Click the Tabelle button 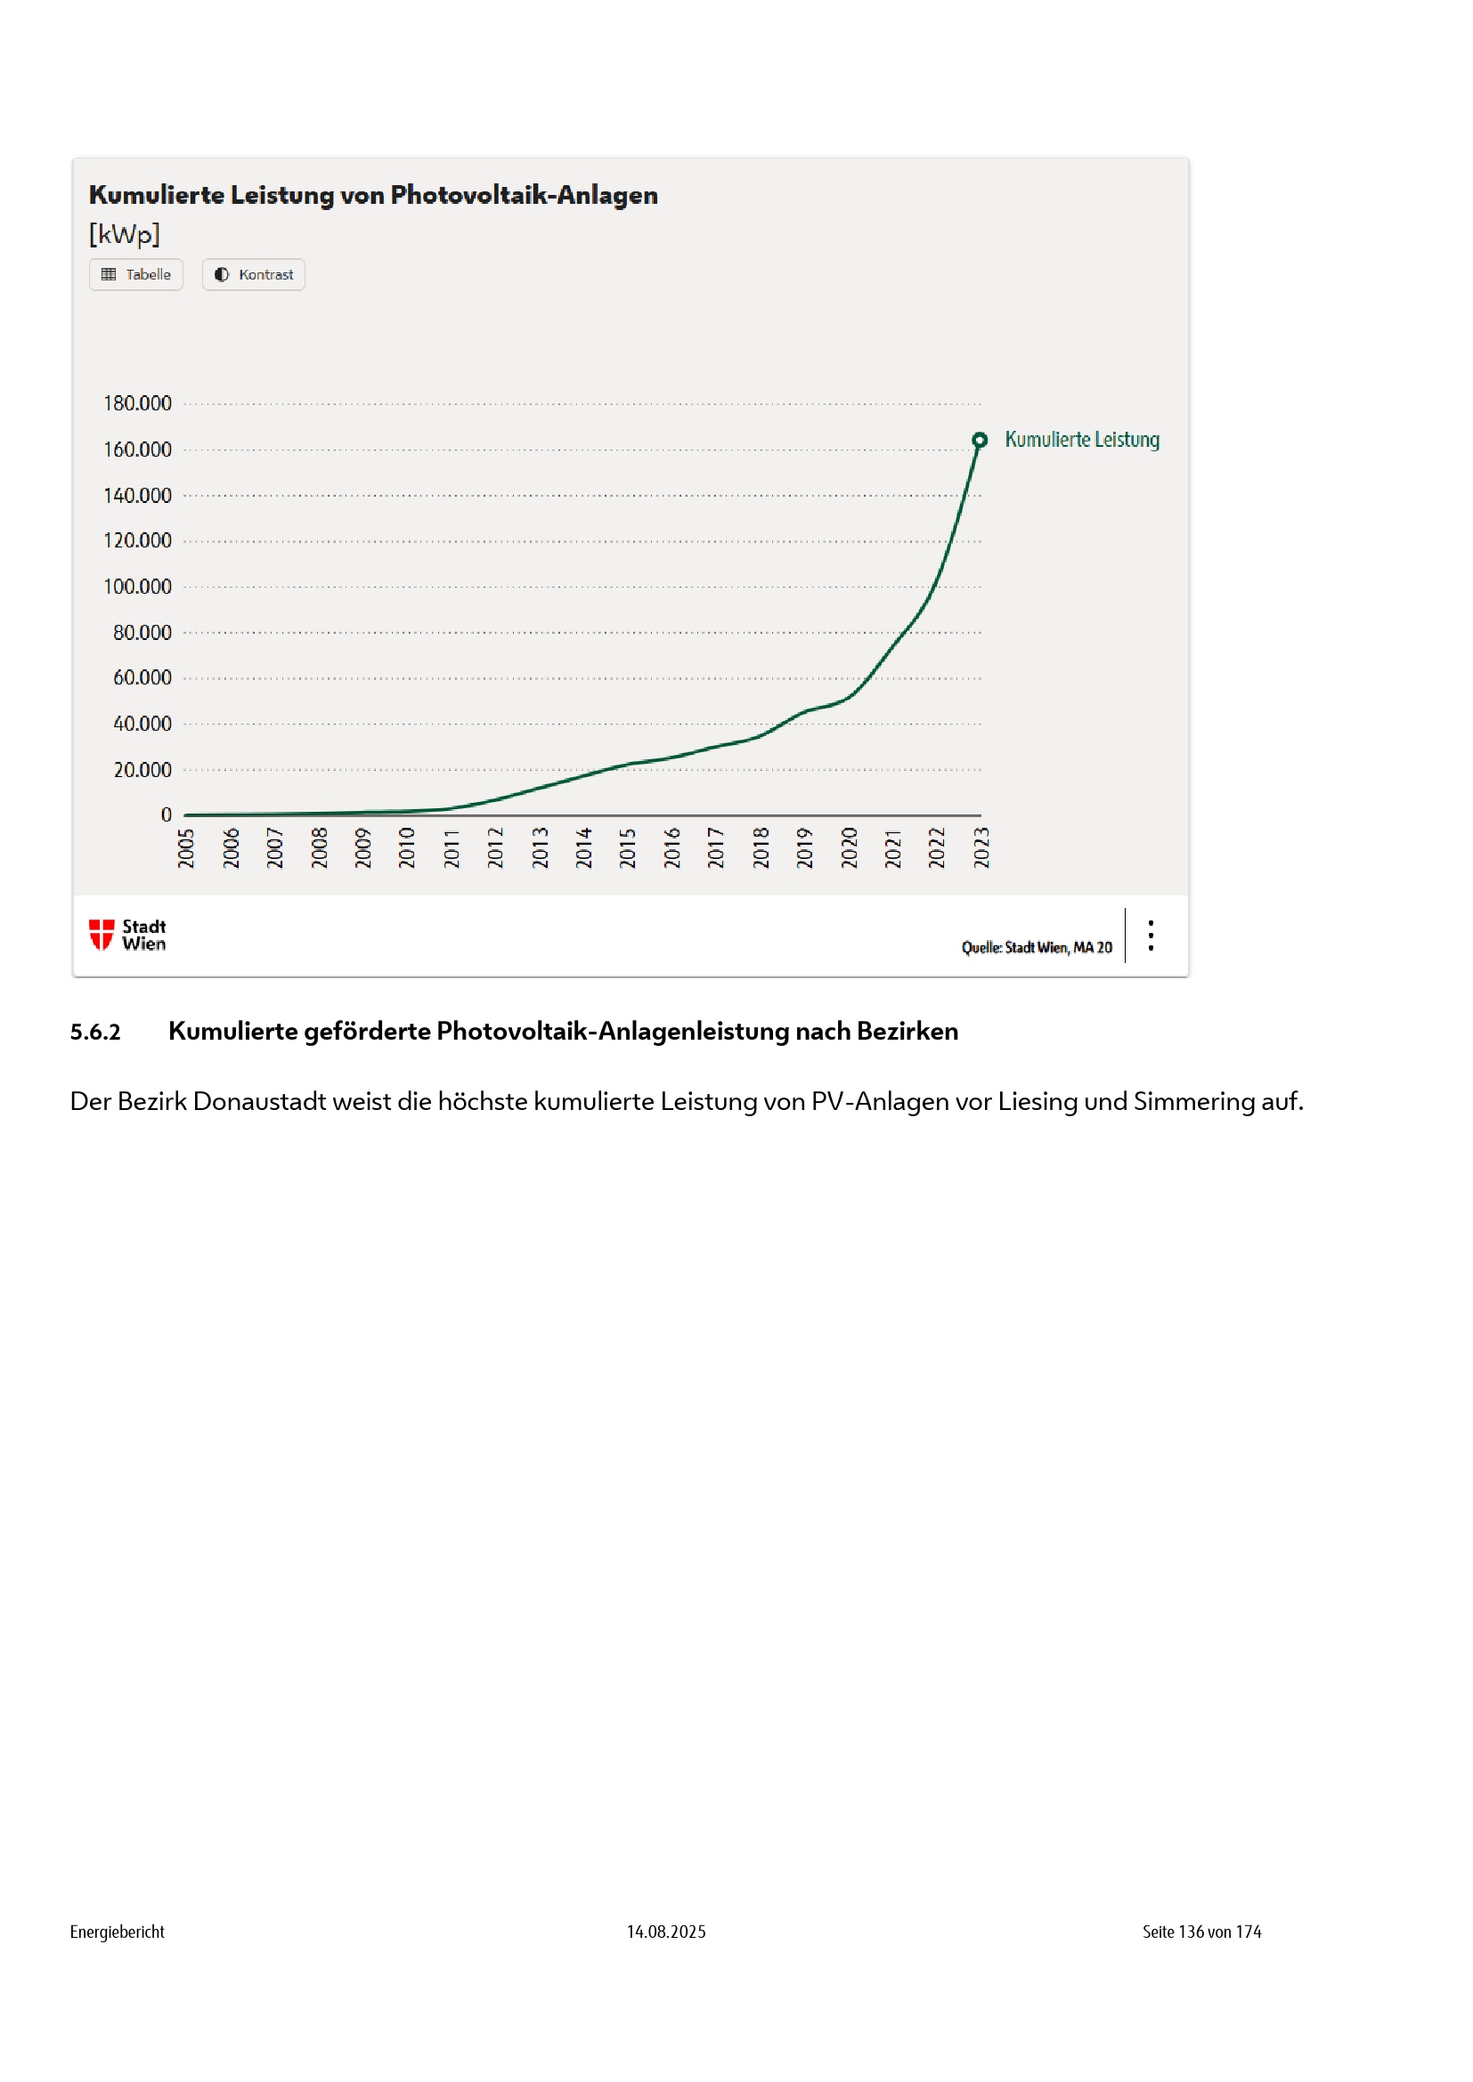[136, 275]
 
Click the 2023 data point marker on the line [980, 441]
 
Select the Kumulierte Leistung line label [1081, 440]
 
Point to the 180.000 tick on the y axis [138, 403]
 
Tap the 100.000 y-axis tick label [138, 587]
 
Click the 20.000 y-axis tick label [142, 770]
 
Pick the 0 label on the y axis [166, 815]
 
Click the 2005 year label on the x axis [186, 848]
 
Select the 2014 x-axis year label [583, 848]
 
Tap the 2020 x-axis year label [849, 848]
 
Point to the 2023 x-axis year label [981, 848]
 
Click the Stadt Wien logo [128, 935]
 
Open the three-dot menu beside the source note [1150, 936]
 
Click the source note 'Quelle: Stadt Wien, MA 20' [1037, 948]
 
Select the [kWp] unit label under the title [125, 235]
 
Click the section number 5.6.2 [95, 1032]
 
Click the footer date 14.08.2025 [666, 1932]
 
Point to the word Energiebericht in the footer [117, 1932]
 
